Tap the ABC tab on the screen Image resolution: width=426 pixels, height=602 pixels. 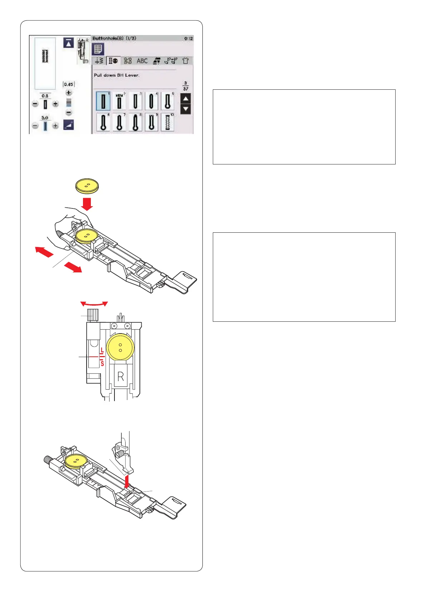(142, 61)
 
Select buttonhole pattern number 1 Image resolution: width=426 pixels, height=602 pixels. (103, 101)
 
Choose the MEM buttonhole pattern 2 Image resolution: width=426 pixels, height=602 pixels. (119, 101)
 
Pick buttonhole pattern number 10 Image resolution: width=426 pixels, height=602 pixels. (167, 122)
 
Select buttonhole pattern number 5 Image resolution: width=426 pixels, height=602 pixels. (167, 101)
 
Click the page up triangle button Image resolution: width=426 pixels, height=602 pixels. (186, 98)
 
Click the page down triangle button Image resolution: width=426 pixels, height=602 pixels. (186, 109)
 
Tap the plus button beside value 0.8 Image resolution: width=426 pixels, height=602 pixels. (55, 104)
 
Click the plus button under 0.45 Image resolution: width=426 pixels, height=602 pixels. (69, 93)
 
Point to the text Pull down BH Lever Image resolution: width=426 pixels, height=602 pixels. (117, 75)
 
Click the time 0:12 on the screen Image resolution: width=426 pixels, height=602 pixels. (188, 38)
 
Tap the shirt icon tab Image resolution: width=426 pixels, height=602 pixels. (185, 61)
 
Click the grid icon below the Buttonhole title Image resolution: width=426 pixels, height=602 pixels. (98, 49)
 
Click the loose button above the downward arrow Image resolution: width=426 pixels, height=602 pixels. (87, 186)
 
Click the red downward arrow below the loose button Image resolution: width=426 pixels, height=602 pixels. (87, 204)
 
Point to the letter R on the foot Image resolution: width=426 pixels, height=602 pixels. (121, 376)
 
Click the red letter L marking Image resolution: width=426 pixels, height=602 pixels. (102, 350)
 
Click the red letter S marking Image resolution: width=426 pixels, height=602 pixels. (102, 364)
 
